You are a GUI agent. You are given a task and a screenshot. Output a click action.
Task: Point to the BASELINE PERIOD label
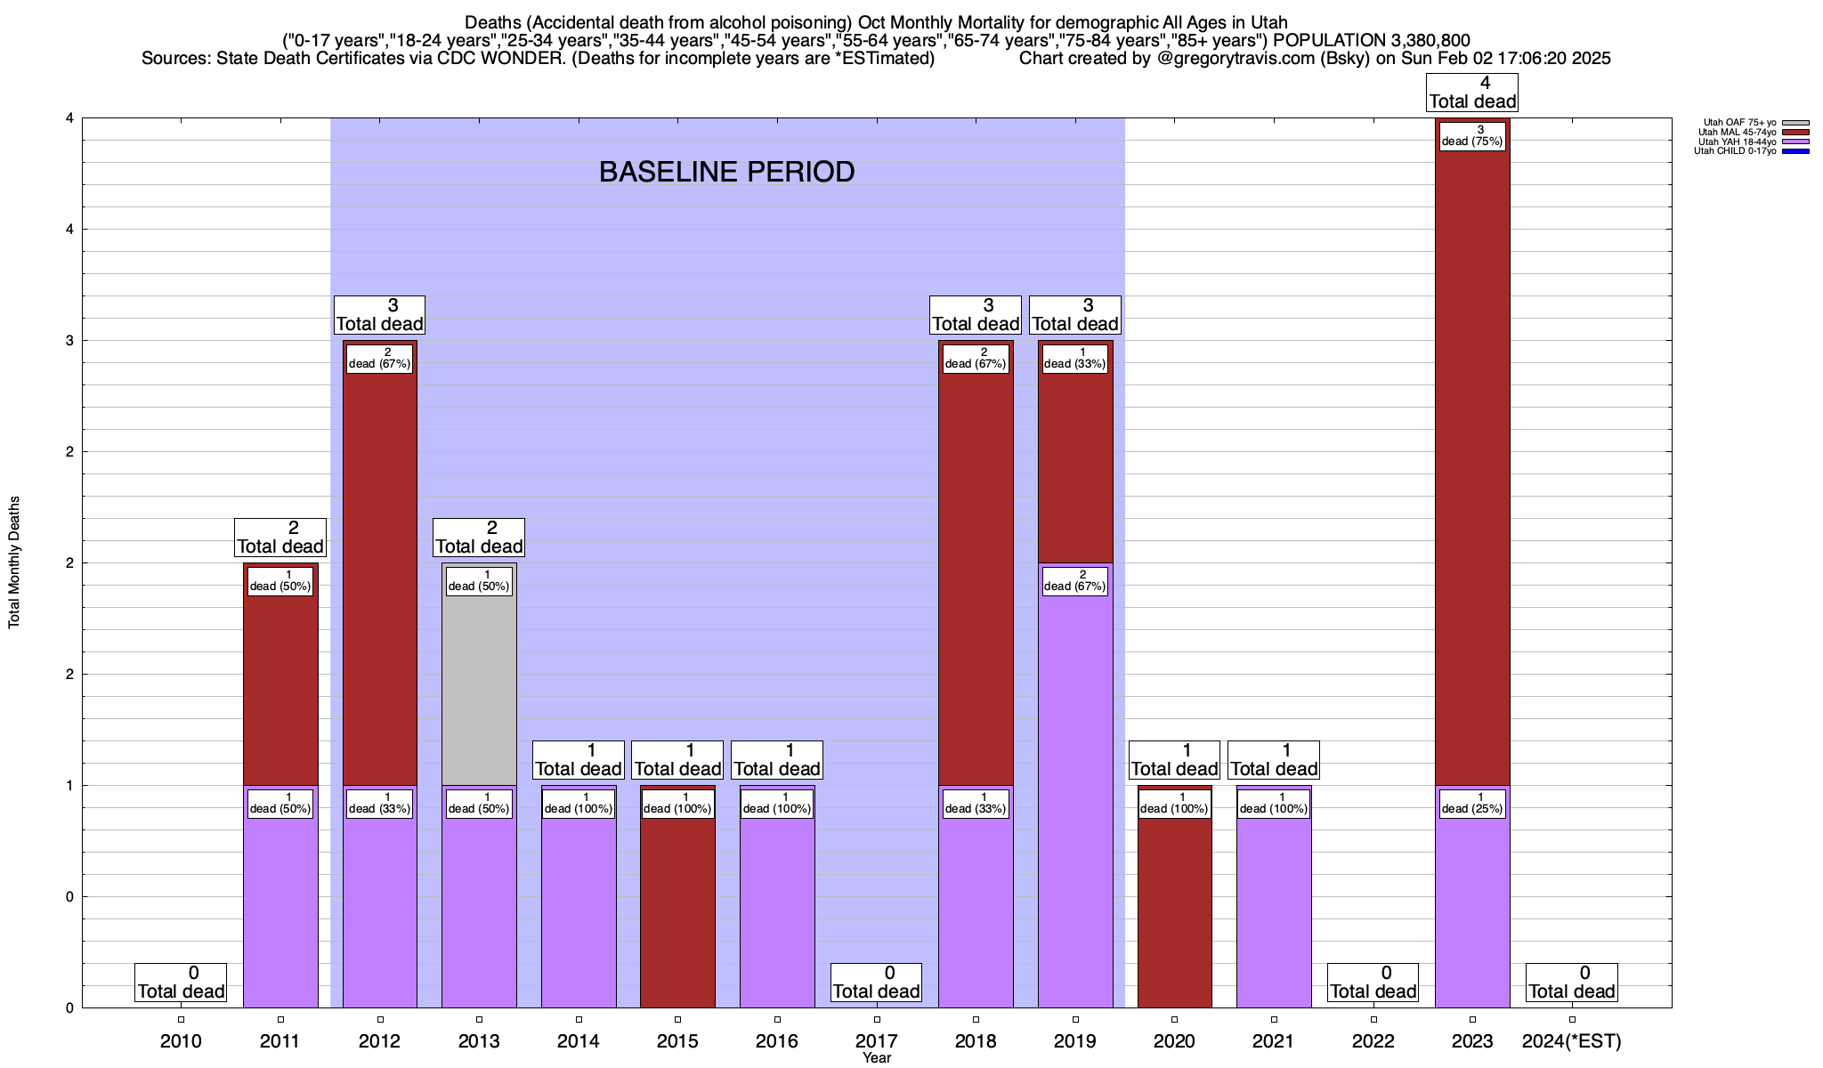(x=726, y=172)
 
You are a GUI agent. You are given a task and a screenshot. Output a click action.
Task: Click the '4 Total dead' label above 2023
(x=1472, y=93)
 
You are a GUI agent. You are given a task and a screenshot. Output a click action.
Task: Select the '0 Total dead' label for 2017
(x=876, y=983)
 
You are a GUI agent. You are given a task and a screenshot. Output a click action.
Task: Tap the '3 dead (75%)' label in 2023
(x=1472, y=135)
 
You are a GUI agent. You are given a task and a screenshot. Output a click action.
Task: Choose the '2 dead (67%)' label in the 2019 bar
(x=1075, y=580)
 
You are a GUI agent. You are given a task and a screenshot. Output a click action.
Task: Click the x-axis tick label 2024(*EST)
(x=1572, y=1041)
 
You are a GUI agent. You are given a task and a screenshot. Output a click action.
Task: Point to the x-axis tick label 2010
(x=181, y=1041)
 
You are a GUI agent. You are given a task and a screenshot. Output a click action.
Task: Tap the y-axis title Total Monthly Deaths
(x=14, y=562)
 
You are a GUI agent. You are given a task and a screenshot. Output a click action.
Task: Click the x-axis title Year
(x=876, y=1058)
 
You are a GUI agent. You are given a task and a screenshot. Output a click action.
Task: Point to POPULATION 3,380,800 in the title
(x=1372, y=40)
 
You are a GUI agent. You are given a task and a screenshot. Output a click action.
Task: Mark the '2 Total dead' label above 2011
(x=280, y=538)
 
